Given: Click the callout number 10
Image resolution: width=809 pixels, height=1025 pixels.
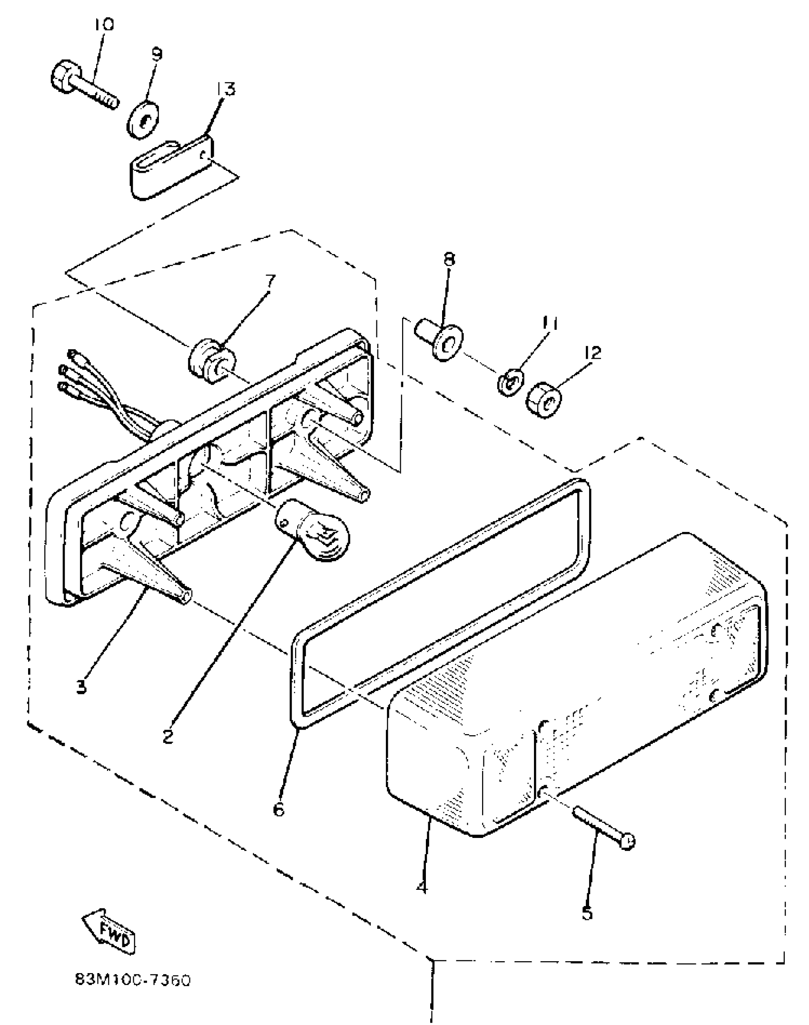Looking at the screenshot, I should pyautogui.click(x=104, y=25).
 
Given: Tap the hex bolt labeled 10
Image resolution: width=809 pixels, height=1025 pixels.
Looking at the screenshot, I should pyautogui.click(x=81, y=89).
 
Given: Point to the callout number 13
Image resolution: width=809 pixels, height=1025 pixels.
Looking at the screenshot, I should pyautogui.click(x=226, y=89).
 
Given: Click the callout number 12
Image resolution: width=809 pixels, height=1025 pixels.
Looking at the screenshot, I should pyautogui.click(x=592, y=353).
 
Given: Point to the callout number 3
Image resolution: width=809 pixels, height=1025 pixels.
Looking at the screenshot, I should pyautogui.click(x=82, y=687).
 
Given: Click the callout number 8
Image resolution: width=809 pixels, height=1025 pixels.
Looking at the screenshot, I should pyautogui.click(x=449, y=259).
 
